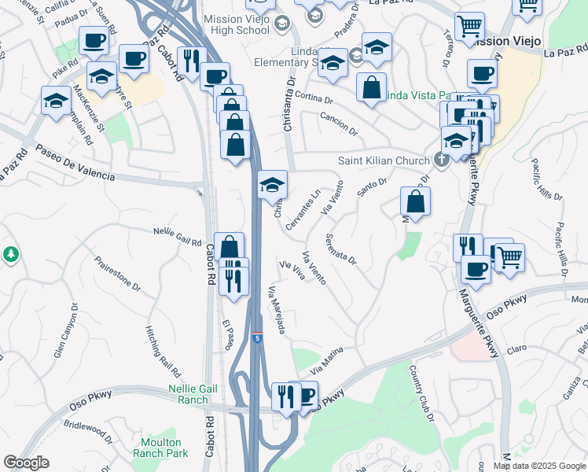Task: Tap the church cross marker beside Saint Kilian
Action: [442, 160]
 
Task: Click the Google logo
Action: [26, 463]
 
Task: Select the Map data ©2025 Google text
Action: [539, 466]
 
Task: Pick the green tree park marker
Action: [11, 254]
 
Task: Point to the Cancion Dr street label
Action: [339, 120]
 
